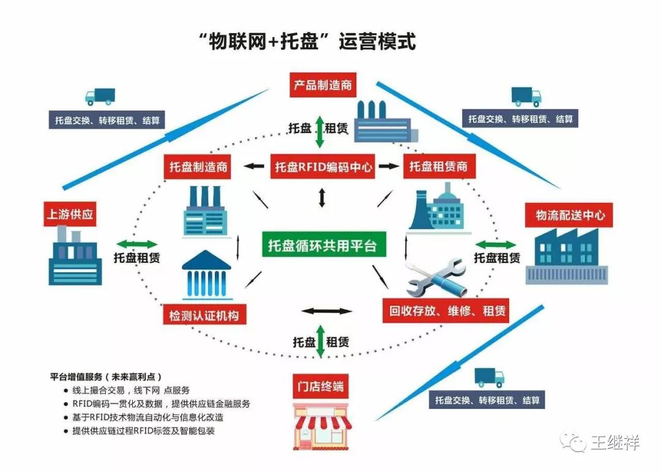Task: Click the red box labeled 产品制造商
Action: click(322, 85)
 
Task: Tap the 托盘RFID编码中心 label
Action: click(323, 166)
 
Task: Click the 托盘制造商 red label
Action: click(197, 167)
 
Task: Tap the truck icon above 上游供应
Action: click(99, 96)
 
